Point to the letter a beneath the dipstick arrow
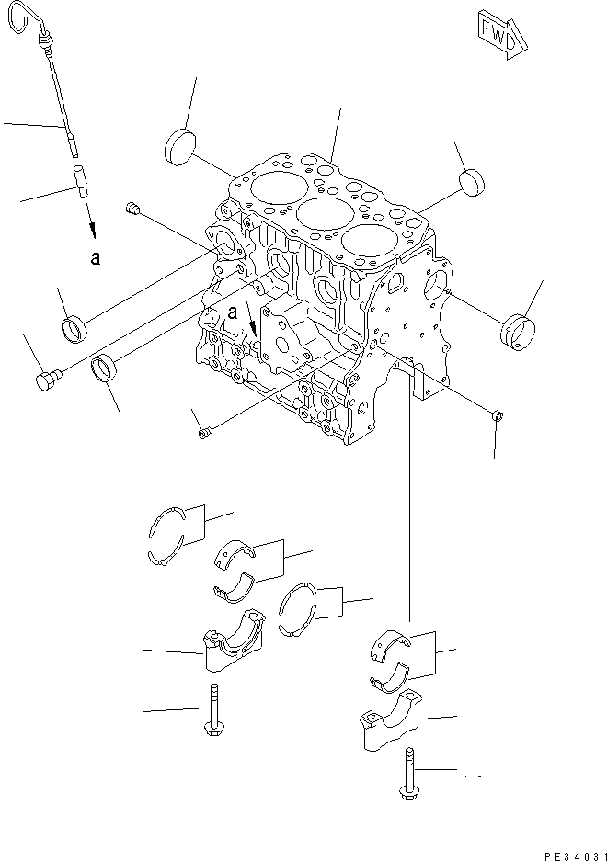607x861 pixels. point(95,259)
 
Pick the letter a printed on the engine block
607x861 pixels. point(234,312)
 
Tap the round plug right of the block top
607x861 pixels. point(473,181)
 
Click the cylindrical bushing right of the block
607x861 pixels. point(516,332)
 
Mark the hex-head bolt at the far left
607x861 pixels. point(47,379)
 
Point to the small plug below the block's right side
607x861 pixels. point(497,416)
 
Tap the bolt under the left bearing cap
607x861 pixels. point(213,713)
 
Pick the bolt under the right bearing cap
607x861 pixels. point(406,774)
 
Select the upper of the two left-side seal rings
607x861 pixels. point(73,327)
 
